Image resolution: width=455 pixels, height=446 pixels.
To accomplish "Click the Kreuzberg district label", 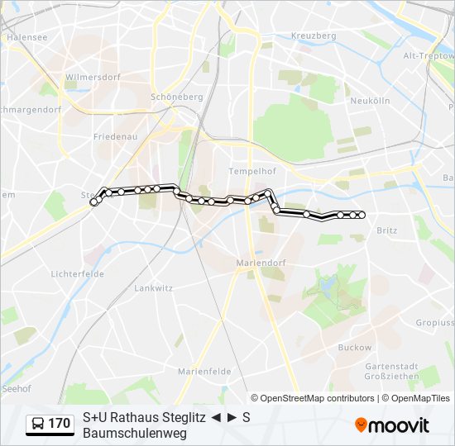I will click(x=314, y=36).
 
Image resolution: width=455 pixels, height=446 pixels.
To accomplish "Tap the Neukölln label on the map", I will click(x=370, y=100).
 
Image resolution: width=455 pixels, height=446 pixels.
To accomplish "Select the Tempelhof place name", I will click(x=244, y=171).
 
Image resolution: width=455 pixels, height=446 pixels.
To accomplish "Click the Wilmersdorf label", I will click(x=89, y=77).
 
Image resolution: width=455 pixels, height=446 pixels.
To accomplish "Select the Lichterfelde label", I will click(x=75, y=273).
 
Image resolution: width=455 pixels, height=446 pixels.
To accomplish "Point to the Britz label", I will click(x=386, y=231).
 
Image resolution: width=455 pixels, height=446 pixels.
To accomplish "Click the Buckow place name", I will click(x=355, y=348).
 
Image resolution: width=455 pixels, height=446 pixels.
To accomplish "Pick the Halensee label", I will click(x=26, y=37).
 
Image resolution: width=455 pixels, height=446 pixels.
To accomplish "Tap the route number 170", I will click(x=60, y=424).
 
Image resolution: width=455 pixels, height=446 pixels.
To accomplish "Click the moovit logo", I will click(x=392, y=425).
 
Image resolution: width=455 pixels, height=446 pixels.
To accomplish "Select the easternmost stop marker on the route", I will click(x=362, y=216).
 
